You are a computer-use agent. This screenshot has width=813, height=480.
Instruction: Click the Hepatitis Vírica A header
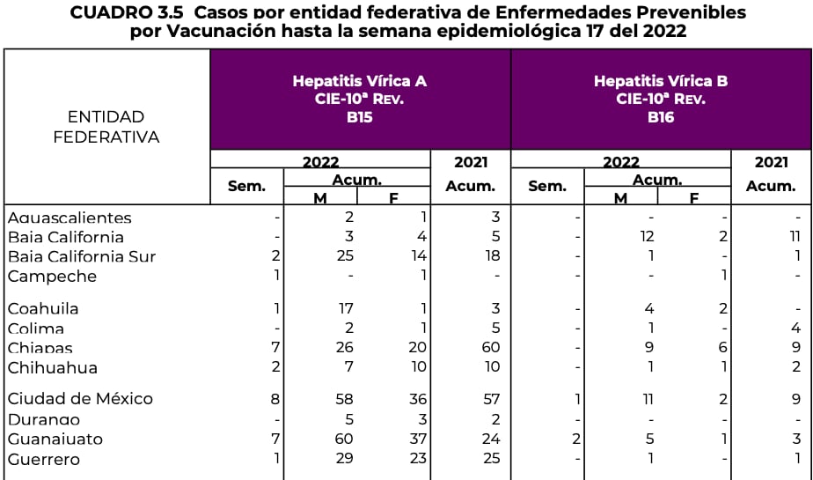(x=359, y=81)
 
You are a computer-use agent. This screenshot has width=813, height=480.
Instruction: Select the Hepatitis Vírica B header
(x=661, y=81)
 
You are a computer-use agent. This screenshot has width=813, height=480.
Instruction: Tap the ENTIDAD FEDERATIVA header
(x=106, y=127)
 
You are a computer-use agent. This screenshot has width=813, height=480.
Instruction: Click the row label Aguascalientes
(x=70, y=218)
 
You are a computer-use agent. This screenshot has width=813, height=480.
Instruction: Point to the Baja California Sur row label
(x=82, y=256)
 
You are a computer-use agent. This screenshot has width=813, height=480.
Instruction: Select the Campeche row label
(x=52, y=276)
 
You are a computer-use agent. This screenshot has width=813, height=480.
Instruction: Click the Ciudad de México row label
(x=80, y=399)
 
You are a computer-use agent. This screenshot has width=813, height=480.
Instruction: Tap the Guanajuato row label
(x=55, y=439)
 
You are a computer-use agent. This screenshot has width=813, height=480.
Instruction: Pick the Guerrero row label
(x=44, y=459)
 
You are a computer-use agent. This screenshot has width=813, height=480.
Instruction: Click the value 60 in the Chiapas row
(x=491, y=348)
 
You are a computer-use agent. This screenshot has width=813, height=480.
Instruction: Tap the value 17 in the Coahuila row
(x=345, y=308)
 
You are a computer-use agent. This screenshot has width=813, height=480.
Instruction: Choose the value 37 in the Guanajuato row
(x=417, y=439)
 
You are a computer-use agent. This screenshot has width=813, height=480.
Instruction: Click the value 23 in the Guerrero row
(x=417, y=459)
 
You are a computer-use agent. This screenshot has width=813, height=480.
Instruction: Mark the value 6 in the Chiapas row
(x=721, y=348)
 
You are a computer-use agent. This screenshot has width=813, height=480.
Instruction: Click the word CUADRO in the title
(x=109, y=12)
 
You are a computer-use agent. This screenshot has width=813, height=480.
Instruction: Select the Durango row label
(x=44, y=419)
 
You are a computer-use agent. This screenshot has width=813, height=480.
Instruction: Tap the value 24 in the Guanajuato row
(x=491, y=439)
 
